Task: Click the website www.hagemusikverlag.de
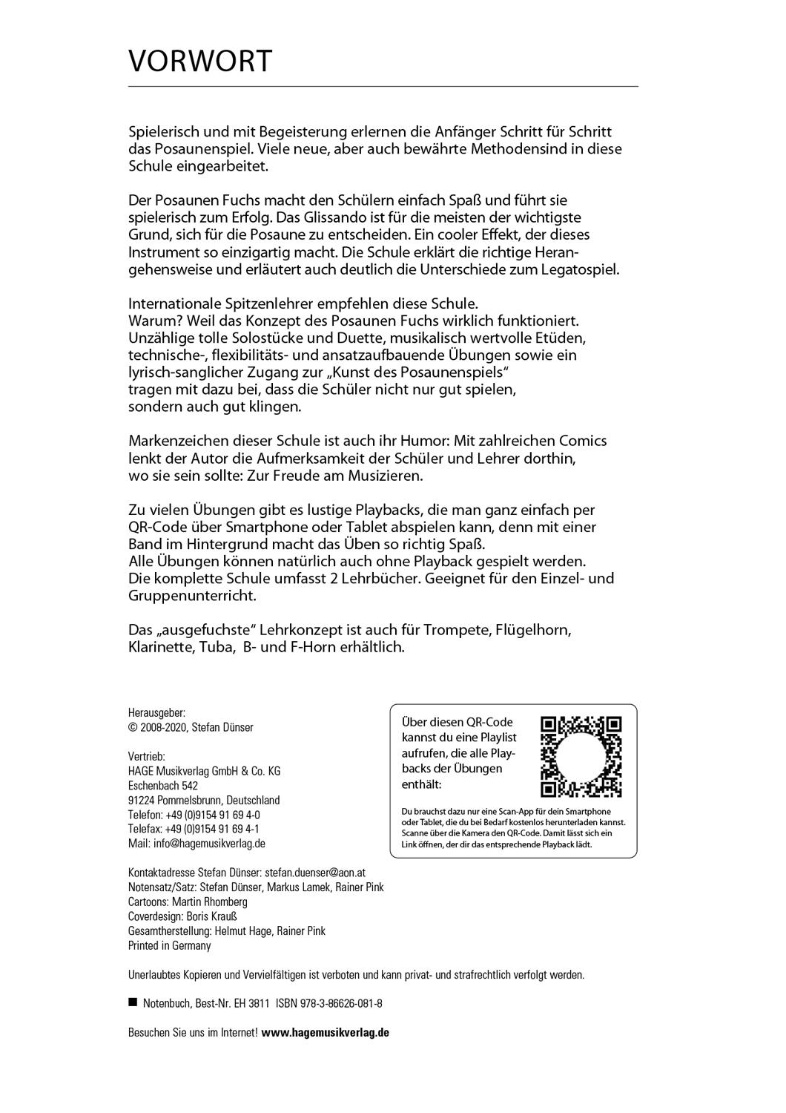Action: pos(326,1032)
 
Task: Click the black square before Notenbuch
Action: pos(133,1002)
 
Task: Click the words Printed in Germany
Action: pos(170,945)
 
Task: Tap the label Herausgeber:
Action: pos(156,712)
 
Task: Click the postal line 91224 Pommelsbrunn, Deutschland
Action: pos(204,800)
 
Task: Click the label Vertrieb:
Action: pos(147,756)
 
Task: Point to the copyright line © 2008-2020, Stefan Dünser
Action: pos(191,727)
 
